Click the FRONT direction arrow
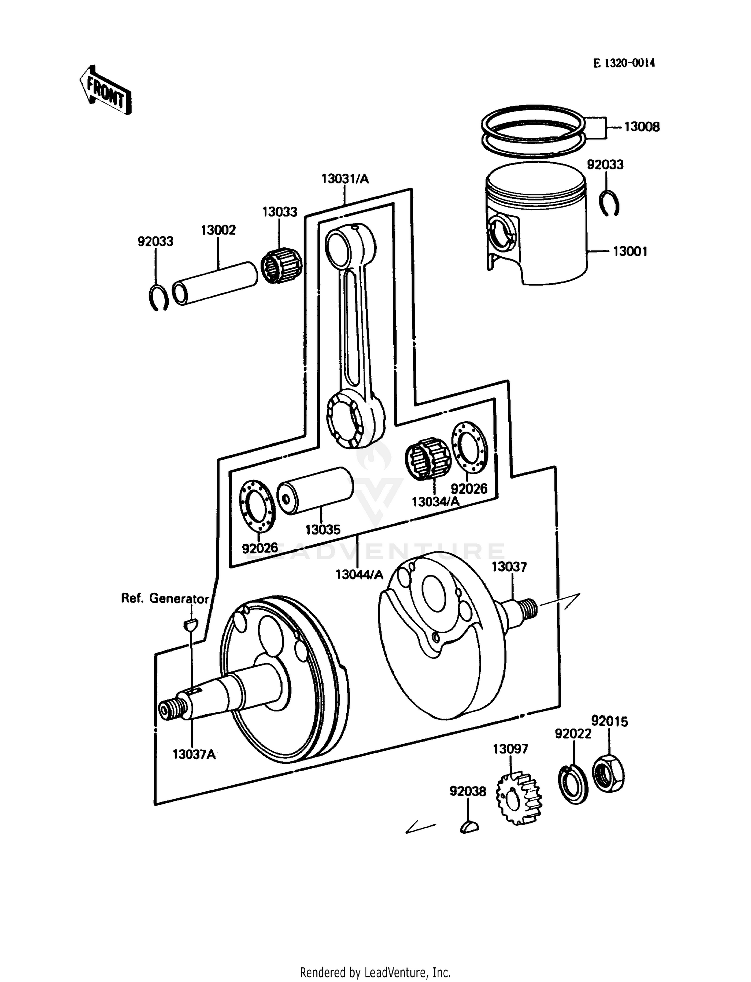(106, 90)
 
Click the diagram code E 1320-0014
(624, 63)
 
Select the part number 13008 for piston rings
(641, 127)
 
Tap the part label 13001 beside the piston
(630, 251)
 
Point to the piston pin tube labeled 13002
(215, 283)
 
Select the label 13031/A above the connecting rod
(345, 179)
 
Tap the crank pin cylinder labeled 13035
(315, 490)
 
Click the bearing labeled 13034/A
(428, 457)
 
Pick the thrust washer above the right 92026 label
(469, 447)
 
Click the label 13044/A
(359, 574)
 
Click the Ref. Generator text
(165, 598)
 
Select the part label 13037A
(194, 754)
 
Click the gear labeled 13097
(520, 798)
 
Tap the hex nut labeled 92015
(608, 775)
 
